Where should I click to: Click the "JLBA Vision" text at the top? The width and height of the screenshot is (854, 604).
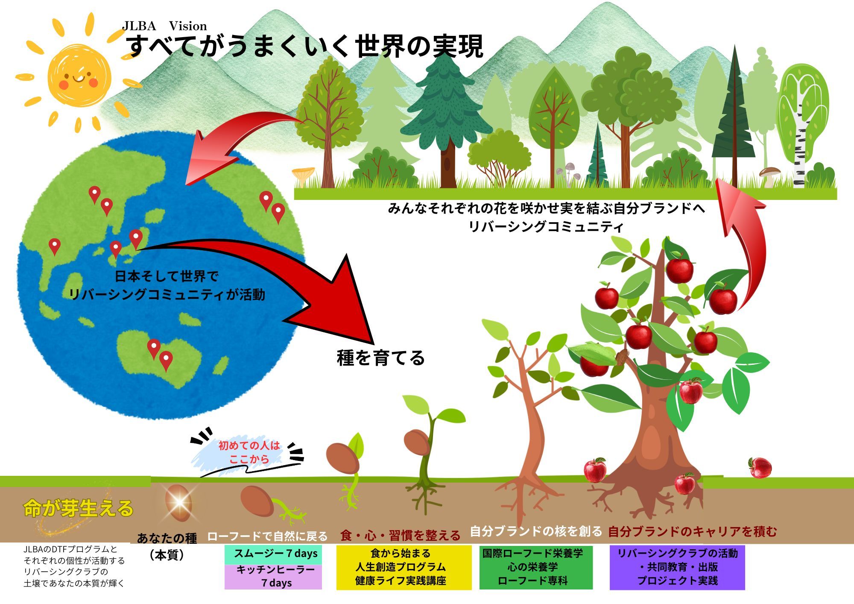pyautogui.click(x=164, y=26)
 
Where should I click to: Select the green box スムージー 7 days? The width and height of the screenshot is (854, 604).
pyautogui.click(x=273, y=554)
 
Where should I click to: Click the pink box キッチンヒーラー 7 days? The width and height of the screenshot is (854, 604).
pyautogui.click(x=273, y=577)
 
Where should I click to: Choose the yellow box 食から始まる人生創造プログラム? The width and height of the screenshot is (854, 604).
pyautogui.click(x=404, y=567)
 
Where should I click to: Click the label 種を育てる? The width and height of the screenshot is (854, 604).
pyautogui.click(x=380, y=358)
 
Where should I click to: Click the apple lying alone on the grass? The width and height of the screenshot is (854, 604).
pyautogui.click(x=760, y=468)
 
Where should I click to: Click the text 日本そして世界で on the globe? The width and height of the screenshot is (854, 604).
pyautogui.click(x=167, y=276)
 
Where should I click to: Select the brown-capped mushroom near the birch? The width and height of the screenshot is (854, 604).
pyautogui.click(x=769, y=175)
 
